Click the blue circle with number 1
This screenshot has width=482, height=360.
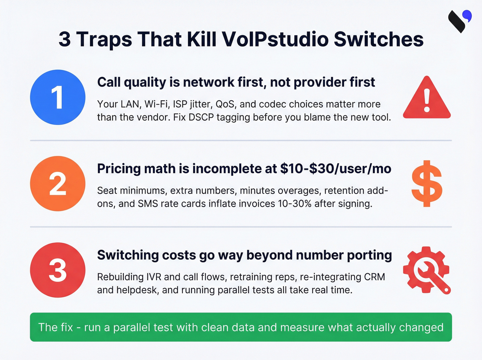click(57, 97)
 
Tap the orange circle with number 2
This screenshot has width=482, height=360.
click(57, 184)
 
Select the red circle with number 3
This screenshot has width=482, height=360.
click(57, 270)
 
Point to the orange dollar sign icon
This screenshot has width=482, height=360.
click(427, 184)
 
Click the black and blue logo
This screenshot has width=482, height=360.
click(460, 21)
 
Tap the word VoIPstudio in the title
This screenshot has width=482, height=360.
click(275, 39)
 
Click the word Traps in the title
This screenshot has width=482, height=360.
click(104, 39)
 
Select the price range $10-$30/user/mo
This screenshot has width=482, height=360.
click(336, 169)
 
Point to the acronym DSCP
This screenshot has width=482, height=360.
click(202, 117)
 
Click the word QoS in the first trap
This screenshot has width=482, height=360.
click(225, 104)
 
